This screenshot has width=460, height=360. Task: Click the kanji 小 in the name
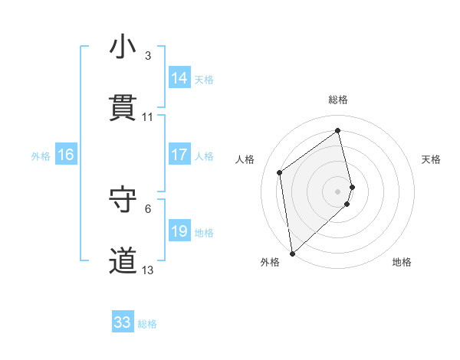click(123, 48)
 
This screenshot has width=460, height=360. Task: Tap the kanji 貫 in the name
click(123, 109)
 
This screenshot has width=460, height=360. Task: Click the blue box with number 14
click(179, 78)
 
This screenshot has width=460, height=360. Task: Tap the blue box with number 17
click(179, 155)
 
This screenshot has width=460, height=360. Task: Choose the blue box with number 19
click(179, 231)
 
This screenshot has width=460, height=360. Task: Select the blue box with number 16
click(66, 155)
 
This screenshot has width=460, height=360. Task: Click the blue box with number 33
click(123, 322)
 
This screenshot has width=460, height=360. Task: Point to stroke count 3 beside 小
click(148, 56)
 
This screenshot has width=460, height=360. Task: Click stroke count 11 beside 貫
click(148, 117)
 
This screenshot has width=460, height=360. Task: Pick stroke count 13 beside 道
click(148, 270)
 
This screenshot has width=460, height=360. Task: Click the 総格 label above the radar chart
click(338, 100)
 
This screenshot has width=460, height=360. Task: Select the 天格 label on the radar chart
click(431, 159)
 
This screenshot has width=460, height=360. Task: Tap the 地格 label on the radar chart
click(402, 262)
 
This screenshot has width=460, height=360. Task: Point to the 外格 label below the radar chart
click(270, 262)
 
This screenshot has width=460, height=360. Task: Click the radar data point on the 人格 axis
click(280, 172)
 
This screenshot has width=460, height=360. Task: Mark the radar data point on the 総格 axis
click(338, 131)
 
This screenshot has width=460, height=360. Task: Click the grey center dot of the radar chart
click(338, 191)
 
